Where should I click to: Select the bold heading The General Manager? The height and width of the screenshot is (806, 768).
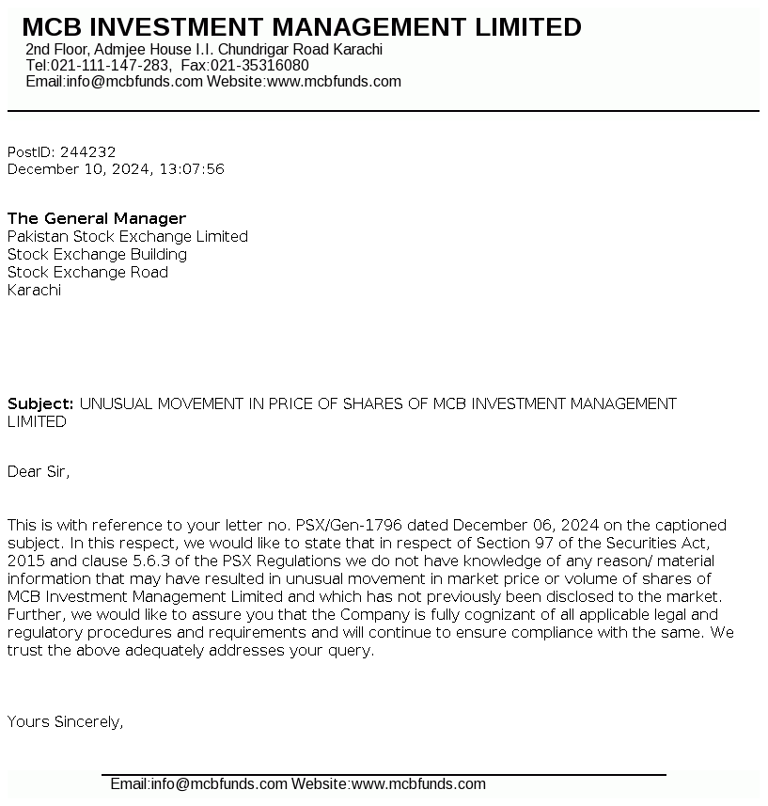tap(97, 218)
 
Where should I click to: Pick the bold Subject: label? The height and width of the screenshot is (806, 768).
tap(40, 403)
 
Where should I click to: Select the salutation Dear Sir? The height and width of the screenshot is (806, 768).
tap(39, 471)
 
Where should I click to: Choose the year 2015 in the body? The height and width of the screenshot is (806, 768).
tap(25, 561)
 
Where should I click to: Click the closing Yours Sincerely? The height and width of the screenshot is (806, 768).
tap(66, 721)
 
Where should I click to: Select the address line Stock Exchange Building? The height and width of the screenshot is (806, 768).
tap(97, 254)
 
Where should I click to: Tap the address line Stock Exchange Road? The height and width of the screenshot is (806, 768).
tap(87, 272)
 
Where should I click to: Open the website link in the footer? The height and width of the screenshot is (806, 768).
tap(418, 783)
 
